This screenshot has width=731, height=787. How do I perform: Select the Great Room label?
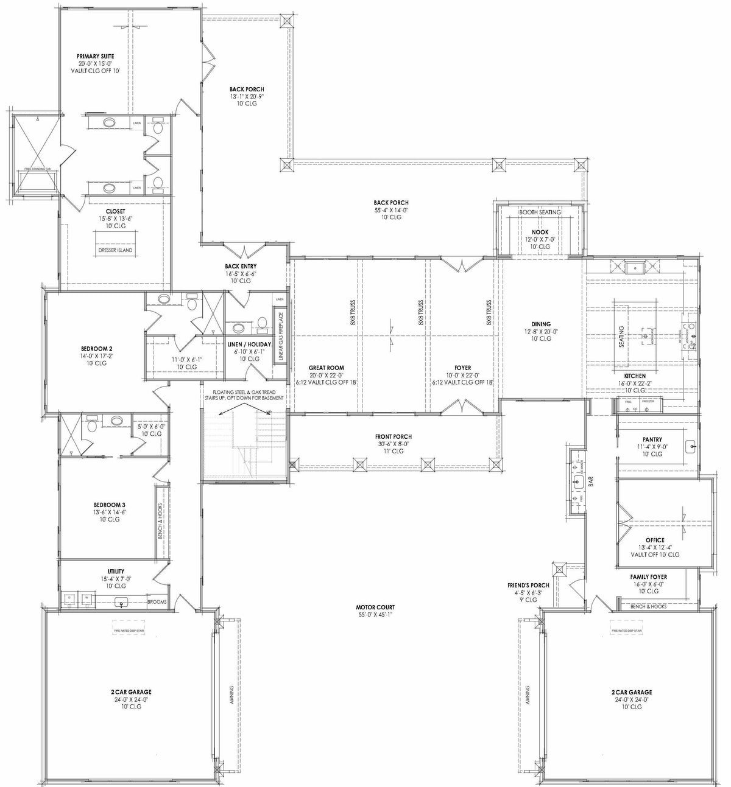tap(326, 368)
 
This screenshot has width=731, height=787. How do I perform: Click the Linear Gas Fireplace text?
tap(281, 337)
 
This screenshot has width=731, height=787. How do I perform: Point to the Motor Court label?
tap(375, 607)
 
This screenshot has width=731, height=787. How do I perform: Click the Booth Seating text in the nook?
tap(539, 212)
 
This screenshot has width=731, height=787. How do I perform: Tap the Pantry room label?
tap(652, 439)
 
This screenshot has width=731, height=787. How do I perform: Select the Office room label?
tap(655, 540)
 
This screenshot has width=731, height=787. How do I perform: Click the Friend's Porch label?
tap(524, 585)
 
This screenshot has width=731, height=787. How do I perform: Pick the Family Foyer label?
tap(648, 576)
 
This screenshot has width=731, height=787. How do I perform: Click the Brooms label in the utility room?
tap(157, 602)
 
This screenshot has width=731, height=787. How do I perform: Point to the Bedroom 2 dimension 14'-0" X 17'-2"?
tap(93, 356)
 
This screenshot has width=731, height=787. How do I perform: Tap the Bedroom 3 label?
tap(110, 505)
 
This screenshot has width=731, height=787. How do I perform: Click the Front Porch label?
tap(394, 436)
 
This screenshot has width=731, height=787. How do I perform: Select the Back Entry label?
tap(241, 266)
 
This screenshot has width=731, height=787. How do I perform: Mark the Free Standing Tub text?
tap(37, 169)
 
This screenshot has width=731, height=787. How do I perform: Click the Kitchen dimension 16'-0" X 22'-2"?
tap(634, 383)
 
